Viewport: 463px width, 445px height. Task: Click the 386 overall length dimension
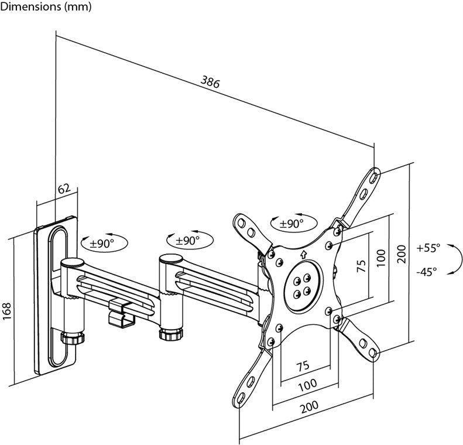click(210, 83)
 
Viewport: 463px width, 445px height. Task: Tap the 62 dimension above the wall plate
click(64, 189)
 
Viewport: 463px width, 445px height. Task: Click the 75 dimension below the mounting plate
click(301, 366)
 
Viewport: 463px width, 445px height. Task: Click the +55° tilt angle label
click(428, 248)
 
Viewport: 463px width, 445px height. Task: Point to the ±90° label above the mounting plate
click(291, 223)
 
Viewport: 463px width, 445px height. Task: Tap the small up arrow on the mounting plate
click(303, 254)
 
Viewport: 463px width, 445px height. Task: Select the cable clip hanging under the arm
click(121, 314)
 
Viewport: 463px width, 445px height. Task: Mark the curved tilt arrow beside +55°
click(455, 259)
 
